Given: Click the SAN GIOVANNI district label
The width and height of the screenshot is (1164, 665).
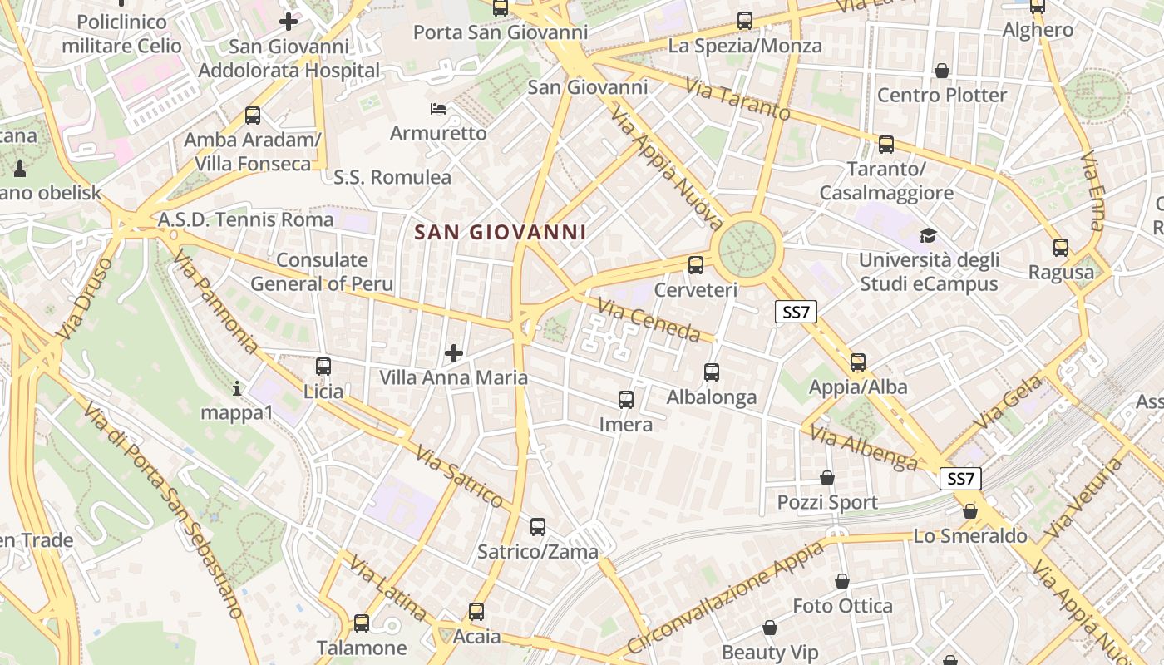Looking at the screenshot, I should pos(501,232).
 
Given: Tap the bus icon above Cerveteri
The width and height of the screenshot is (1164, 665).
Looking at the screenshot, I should pos(696,265).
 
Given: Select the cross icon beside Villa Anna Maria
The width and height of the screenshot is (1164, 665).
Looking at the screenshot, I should pos(454,353).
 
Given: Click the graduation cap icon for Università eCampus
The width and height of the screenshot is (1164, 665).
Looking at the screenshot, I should pos(928,235).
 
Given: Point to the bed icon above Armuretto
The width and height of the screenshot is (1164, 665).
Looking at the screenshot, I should pos(438,109).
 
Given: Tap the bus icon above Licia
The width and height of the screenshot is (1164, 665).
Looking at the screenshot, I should pos(323,366).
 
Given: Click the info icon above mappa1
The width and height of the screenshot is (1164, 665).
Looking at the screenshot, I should pos(237,387).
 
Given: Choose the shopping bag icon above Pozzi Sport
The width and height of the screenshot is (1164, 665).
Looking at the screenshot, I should pos(827,478).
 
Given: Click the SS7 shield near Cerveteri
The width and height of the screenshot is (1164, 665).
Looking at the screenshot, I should pos(797,312).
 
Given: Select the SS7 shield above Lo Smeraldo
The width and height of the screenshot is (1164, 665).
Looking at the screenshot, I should pos(960,479).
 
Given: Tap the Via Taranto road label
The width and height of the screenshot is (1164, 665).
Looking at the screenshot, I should pos(737,100).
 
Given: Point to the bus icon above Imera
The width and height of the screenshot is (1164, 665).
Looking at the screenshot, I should pos(626,400).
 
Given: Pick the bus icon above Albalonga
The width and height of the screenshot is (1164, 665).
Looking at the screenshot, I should pos(712,372).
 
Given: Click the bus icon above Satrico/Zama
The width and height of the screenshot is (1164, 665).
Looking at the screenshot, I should pos(538,526).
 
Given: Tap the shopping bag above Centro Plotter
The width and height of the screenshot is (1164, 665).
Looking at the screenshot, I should pos(942,71).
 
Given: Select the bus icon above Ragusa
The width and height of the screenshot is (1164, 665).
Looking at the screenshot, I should pos(1061,248).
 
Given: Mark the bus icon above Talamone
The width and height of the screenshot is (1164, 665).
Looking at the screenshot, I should pos(362,623).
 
